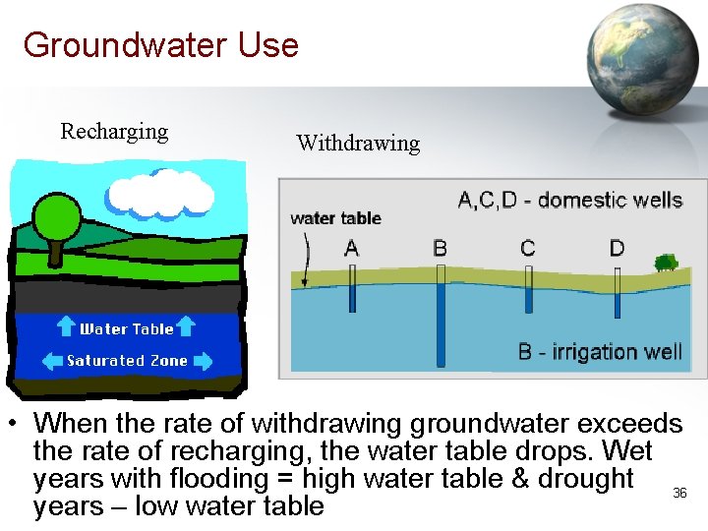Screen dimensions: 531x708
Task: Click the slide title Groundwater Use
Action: pos(160,45)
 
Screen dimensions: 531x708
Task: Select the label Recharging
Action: pos(114,132)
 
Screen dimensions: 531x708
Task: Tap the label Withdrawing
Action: pos(358,144)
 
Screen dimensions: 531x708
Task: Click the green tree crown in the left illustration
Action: pos(55,214)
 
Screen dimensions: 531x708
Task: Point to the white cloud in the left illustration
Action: pos(160,196)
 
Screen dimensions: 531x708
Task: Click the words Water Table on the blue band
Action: pos(126,329)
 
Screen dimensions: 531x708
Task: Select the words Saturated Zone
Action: pos(127,361)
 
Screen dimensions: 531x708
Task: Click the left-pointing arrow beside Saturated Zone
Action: pos(51,361)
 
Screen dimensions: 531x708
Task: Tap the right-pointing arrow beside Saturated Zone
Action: pos(203,361)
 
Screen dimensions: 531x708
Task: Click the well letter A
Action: pos(352,248)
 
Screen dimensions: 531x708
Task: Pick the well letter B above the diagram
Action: pos(440,247)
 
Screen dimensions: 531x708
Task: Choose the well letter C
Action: pos(528,247)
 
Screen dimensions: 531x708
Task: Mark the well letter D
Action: pos(617,247)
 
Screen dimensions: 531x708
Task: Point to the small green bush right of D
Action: pos(666,263)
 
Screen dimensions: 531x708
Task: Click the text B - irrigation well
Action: pos(600,352)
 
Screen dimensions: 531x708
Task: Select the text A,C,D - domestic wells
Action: pos(570,201)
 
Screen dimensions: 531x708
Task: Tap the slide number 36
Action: pos(679,493)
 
